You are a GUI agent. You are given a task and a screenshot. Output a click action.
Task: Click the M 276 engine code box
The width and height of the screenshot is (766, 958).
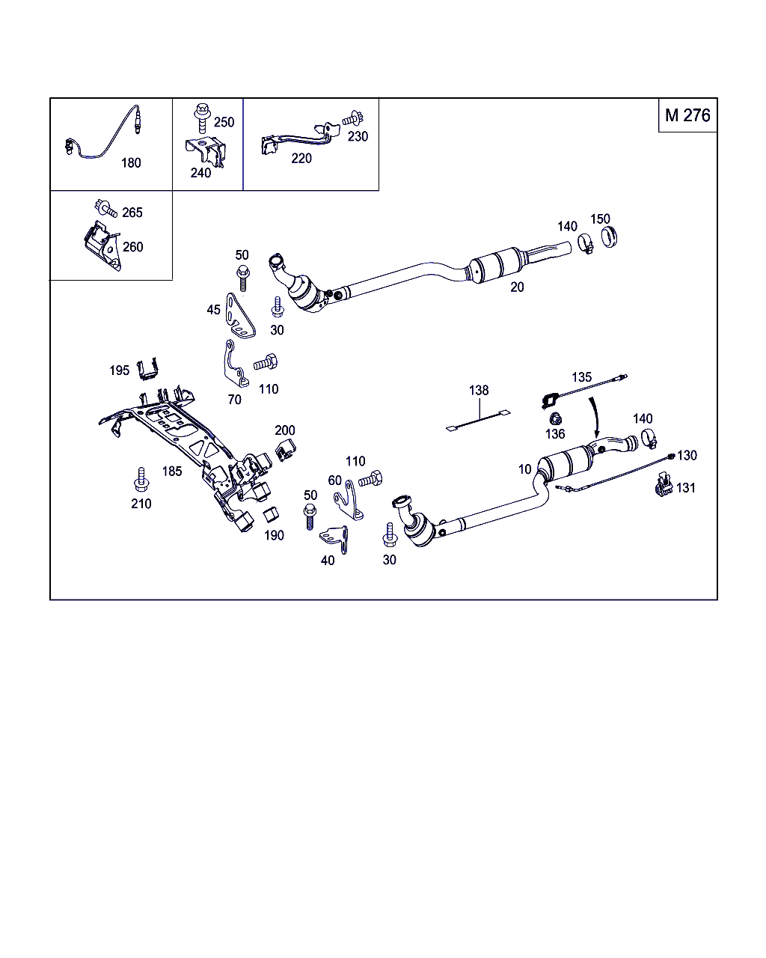tap(687, 115)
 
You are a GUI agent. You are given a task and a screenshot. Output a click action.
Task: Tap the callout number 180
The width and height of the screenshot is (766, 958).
tap(131, 162)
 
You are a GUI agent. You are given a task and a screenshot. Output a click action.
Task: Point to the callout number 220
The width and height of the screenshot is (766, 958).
tap(301, 158)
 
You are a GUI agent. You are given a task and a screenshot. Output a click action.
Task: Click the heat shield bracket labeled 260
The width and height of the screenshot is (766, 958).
tap(101, 245)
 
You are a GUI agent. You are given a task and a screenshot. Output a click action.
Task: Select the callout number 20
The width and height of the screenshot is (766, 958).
tap(517, 287)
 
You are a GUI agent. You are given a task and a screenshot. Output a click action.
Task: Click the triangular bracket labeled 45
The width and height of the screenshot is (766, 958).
tap(241, 314)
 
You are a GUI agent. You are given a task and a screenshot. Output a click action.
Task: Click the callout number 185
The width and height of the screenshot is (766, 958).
tap(172, 472)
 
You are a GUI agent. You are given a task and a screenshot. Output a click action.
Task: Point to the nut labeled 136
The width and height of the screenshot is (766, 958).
tap(554, 419)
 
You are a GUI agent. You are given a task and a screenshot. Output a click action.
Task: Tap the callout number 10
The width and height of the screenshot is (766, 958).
tap(524, 469)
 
